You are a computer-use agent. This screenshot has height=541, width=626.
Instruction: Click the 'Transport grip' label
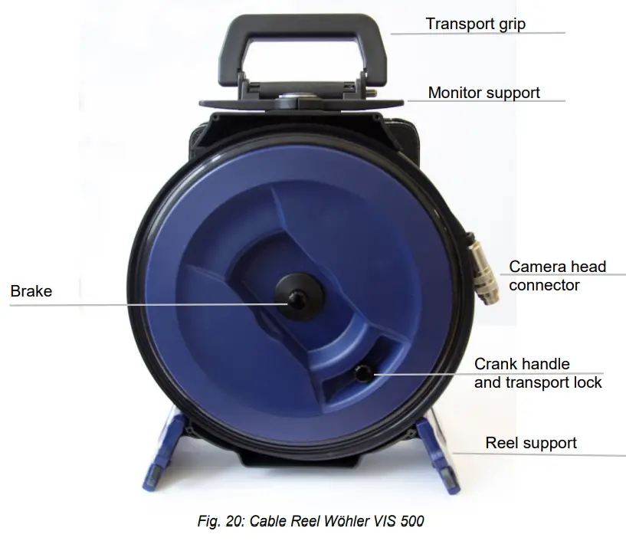coord(475,24)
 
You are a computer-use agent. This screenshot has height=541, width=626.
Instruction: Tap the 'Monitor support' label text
coord(483,93)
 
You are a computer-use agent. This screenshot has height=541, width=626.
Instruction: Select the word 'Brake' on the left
coord(31,291)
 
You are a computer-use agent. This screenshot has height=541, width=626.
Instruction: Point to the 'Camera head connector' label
coord(557,276)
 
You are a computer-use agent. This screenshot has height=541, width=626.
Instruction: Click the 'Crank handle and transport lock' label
coord(537,372)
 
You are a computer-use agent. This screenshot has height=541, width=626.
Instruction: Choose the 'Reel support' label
coord(530,443)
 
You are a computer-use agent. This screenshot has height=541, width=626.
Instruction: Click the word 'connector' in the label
coord(544,285)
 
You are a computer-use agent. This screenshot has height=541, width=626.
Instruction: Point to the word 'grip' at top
coord(510,24)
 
